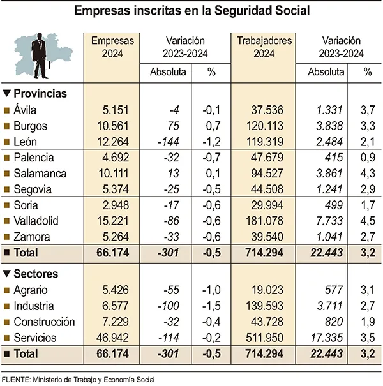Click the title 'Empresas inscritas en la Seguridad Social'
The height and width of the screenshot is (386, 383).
click(191, 11)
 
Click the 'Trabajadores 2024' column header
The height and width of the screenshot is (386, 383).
click(264, 47)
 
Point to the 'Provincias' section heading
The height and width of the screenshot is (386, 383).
click(40, 93)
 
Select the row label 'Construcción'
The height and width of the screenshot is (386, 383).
click(44, 322)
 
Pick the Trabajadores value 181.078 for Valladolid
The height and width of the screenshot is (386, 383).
click(271, 221)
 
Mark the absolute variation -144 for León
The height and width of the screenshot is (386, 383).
click(170, 142)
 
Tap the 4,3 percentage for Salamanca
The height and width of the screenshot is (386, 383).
click(366, 174)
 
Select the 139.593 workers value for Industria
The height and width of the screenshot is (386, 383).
click(271, 306)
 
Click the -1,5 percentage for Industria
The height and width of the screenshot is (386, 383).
click(211, 306)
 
